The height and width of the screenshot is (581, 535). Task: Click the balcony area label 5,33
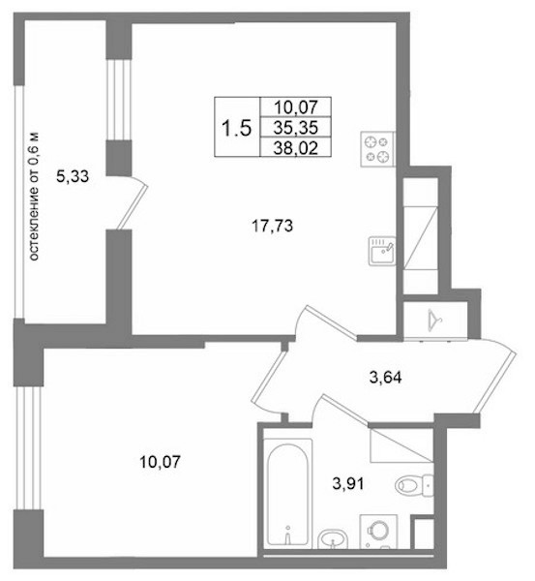(x=73, y=176)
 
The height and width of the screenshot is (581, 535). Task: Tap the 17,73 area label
(x=272, y=226)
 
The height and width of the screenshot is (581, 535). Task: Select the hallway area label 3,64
(x=385, y=378)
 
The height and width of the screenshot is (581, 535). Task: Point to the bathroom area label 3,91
(x=348, y=483)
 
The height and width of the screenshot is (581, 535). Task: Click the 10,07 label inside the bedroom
(x=160, y=462)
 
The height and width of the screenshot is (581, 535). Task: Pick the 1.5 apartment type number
(x=236, y=128)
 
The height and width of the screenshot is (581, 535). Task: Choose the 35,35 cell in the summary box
(x=296, y=128)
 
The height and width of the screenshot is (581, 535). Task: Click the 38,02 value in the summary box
(x=296, y=148)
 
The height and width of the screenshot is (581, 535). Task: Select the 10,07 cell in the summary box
(x=296, y=107)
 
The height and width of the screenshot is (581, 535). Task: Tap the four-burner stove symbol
(x=377, y=149)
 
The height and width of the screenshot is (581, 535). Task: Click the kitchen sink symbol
(x=382, y=251)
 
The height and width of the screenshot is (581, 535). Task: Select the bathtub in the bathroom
(x=287, y=494)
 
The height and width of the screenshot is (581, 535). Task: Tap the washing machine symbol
(x=378, y=532)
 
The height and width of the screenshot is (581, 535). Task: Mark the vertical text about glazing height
(x=33, y=197)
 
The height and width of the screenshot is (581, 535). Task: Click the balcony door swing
(x=133, y=202)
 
